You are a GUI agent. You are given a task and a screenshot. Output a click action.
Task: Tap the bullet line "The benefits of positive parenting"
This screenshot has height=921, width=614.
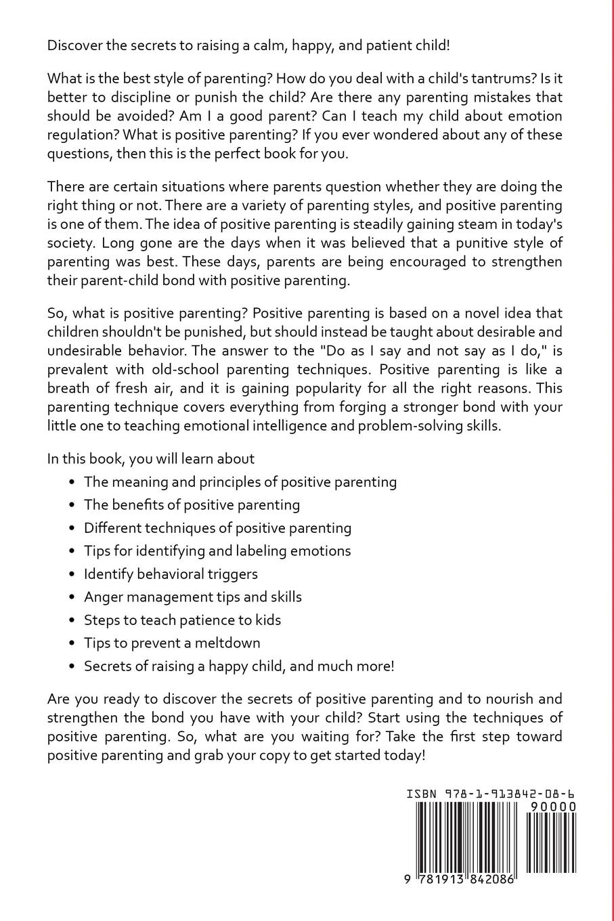click(192, 505)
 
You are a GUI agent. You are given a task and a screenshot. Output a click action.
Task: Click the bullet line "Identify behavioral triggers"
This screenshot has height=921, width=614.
click(171, 574)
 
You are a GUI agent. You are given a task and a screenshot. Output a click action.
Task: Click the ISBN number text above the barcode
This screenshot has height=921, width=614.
click(491, 794)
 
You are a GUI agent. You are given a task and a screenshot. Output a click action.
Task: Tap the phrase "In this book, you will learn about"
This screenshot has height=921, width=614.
click(151, 458)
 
